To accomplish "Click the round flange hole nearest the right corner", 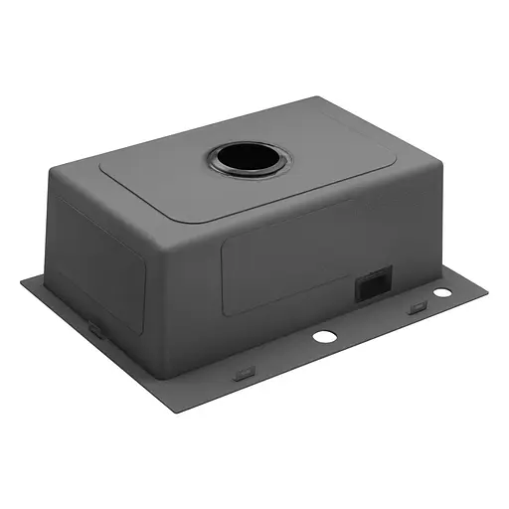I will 440,292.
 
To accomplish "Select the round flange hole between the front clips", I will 324,337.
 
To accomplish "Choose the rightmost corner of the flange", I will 488,286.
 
